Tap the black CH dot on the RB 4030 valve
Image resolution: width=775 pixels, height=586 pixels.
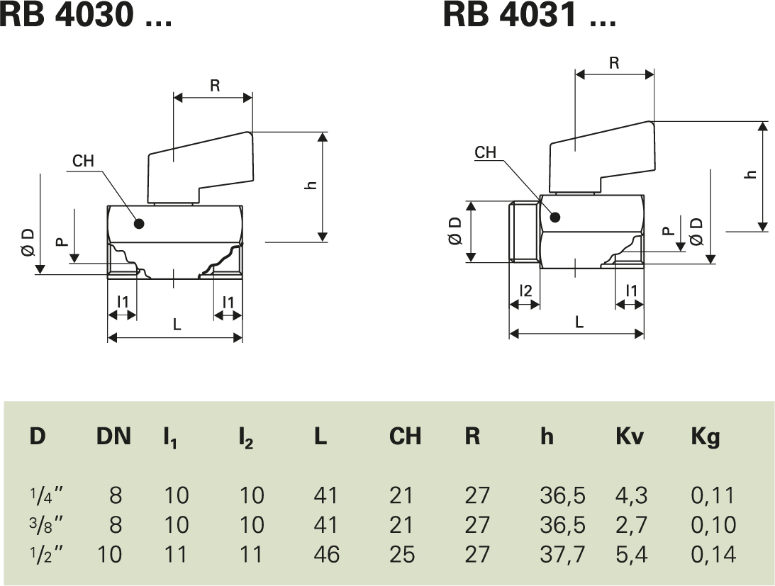coord(139,224)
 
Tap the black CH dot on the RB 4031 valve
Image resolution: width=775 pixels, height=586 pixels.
coord(554,216)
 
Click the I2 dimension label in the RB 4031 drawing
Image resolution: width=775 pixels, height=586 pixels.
coord(525,290)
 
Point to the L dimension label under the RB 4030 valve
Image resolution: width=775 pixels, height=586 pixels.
coord(177,325)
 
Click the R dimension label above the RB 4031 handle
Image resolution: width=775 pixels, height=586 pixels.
coord(614,63)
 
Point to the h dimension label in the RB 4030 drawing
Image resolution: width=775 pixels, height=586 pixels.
coord(310,186)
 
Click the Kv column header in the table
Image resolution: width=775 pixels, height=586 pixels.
coord(629,436)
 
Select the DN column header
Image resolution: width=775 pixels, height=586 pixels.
coord(113,436)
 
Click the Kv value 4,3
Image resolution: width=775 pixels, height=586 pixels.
coord(631,495)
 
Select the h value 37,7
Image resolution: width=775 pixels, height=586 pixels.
coord(562,553)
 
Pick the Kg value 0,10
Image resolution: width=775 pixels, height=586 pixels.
coord(713,524)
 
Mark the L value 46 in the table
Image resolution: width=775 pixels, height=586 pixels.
coord(325,553)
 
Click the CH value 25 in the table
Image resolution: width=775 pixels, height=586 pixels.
coord(401,553)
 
